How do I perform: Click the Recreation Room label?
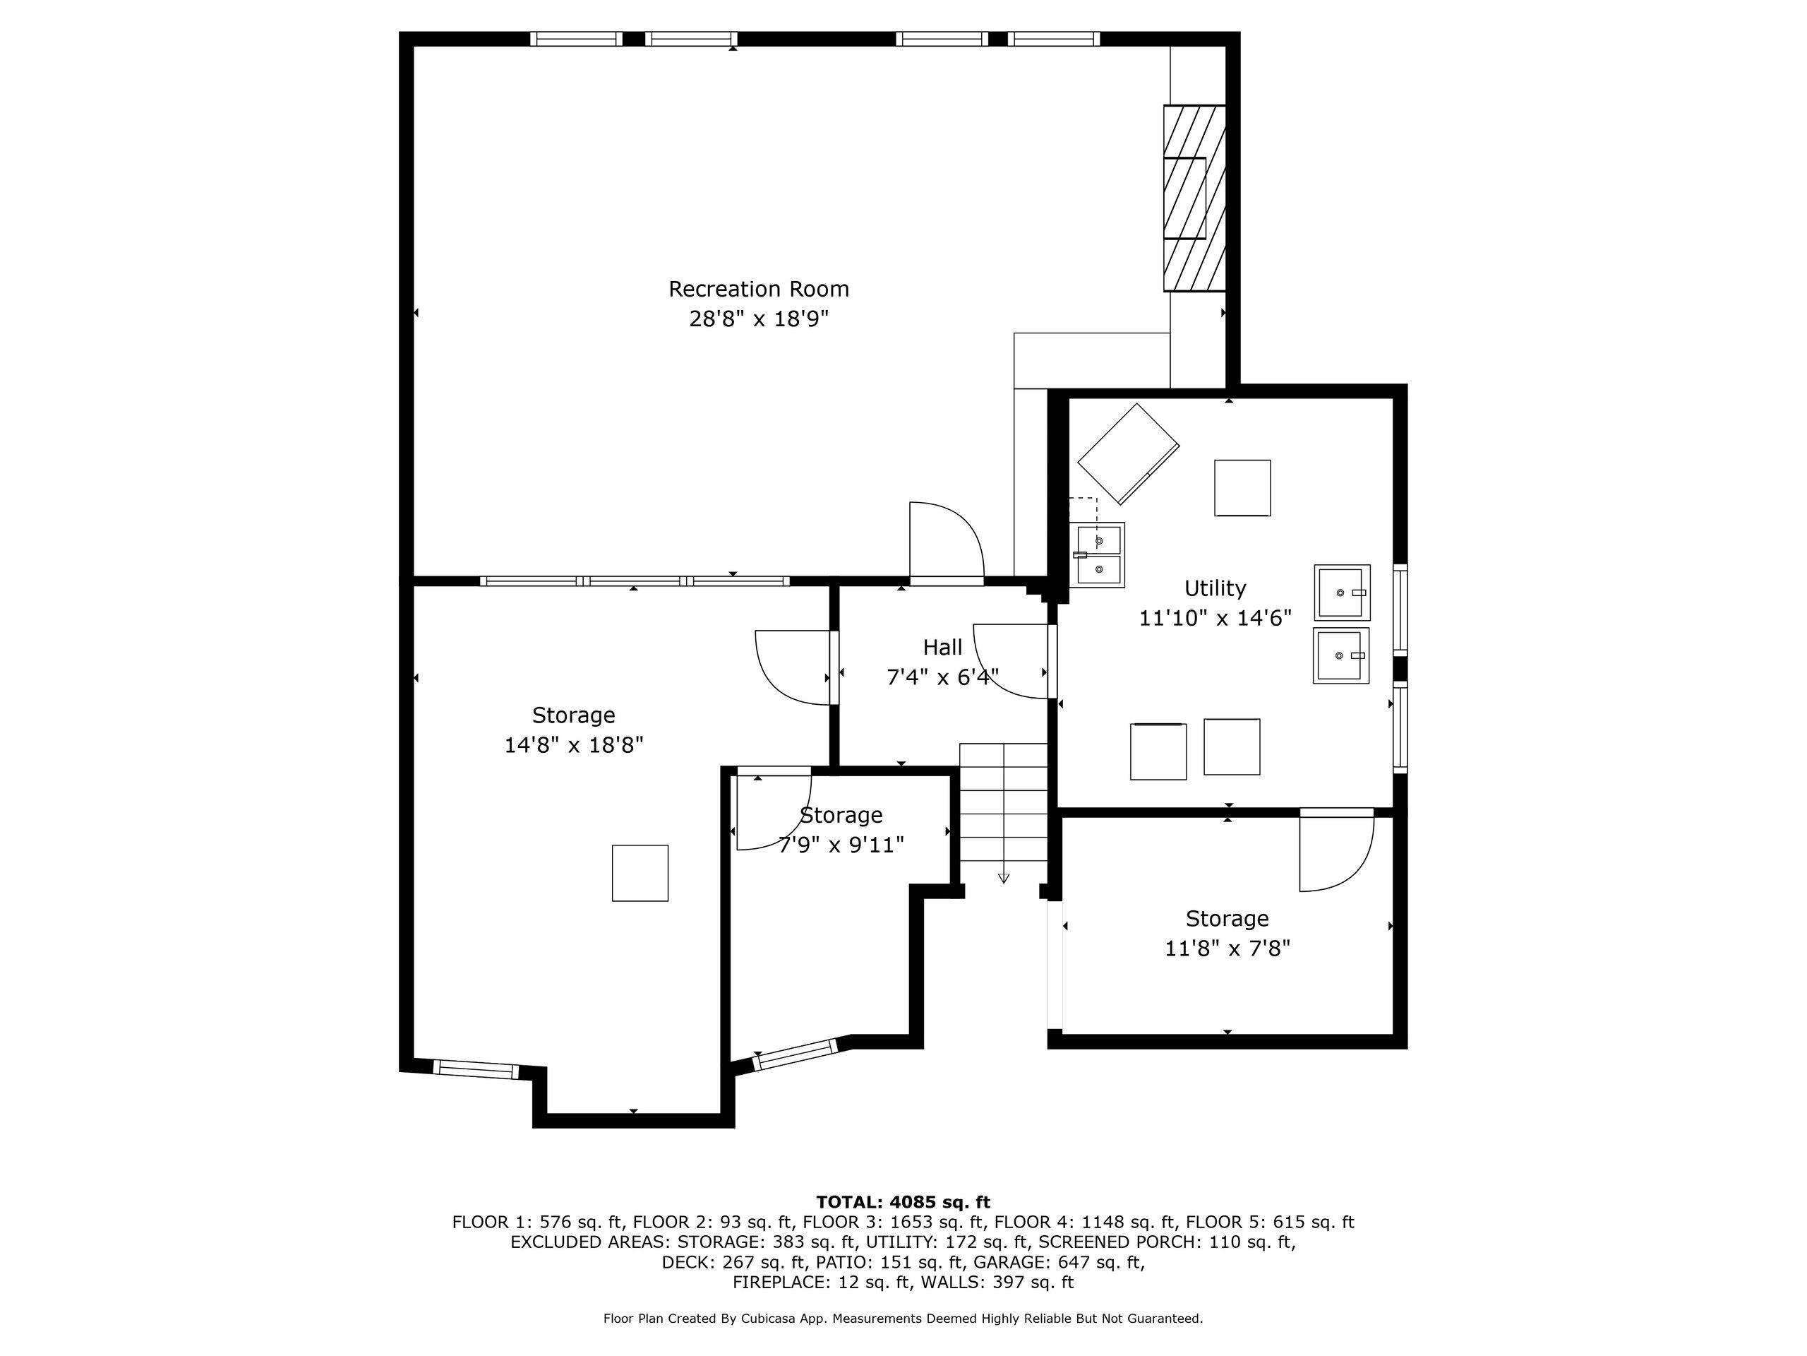pos(759,289)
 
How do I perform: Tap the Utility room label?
pos(1215,588)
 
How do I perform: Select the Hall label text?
pos(943,648)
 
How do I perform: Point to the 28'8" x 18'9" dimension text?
pos(759,319)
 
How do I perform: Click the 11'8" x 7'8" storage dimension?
pos(1227,948)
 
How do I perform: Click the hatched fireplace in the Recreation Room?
pos(1195,198)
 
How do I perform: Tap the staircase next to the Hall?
pos(1003,802)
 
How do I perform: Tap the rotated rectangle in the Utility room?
pos(1128,453)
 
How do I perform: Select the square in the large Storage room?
pos(640,873)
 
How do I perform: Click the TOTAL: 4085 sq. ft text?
pos(903,1201)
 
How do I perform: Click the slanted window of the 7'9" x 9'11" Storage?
pos(796,1054)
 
